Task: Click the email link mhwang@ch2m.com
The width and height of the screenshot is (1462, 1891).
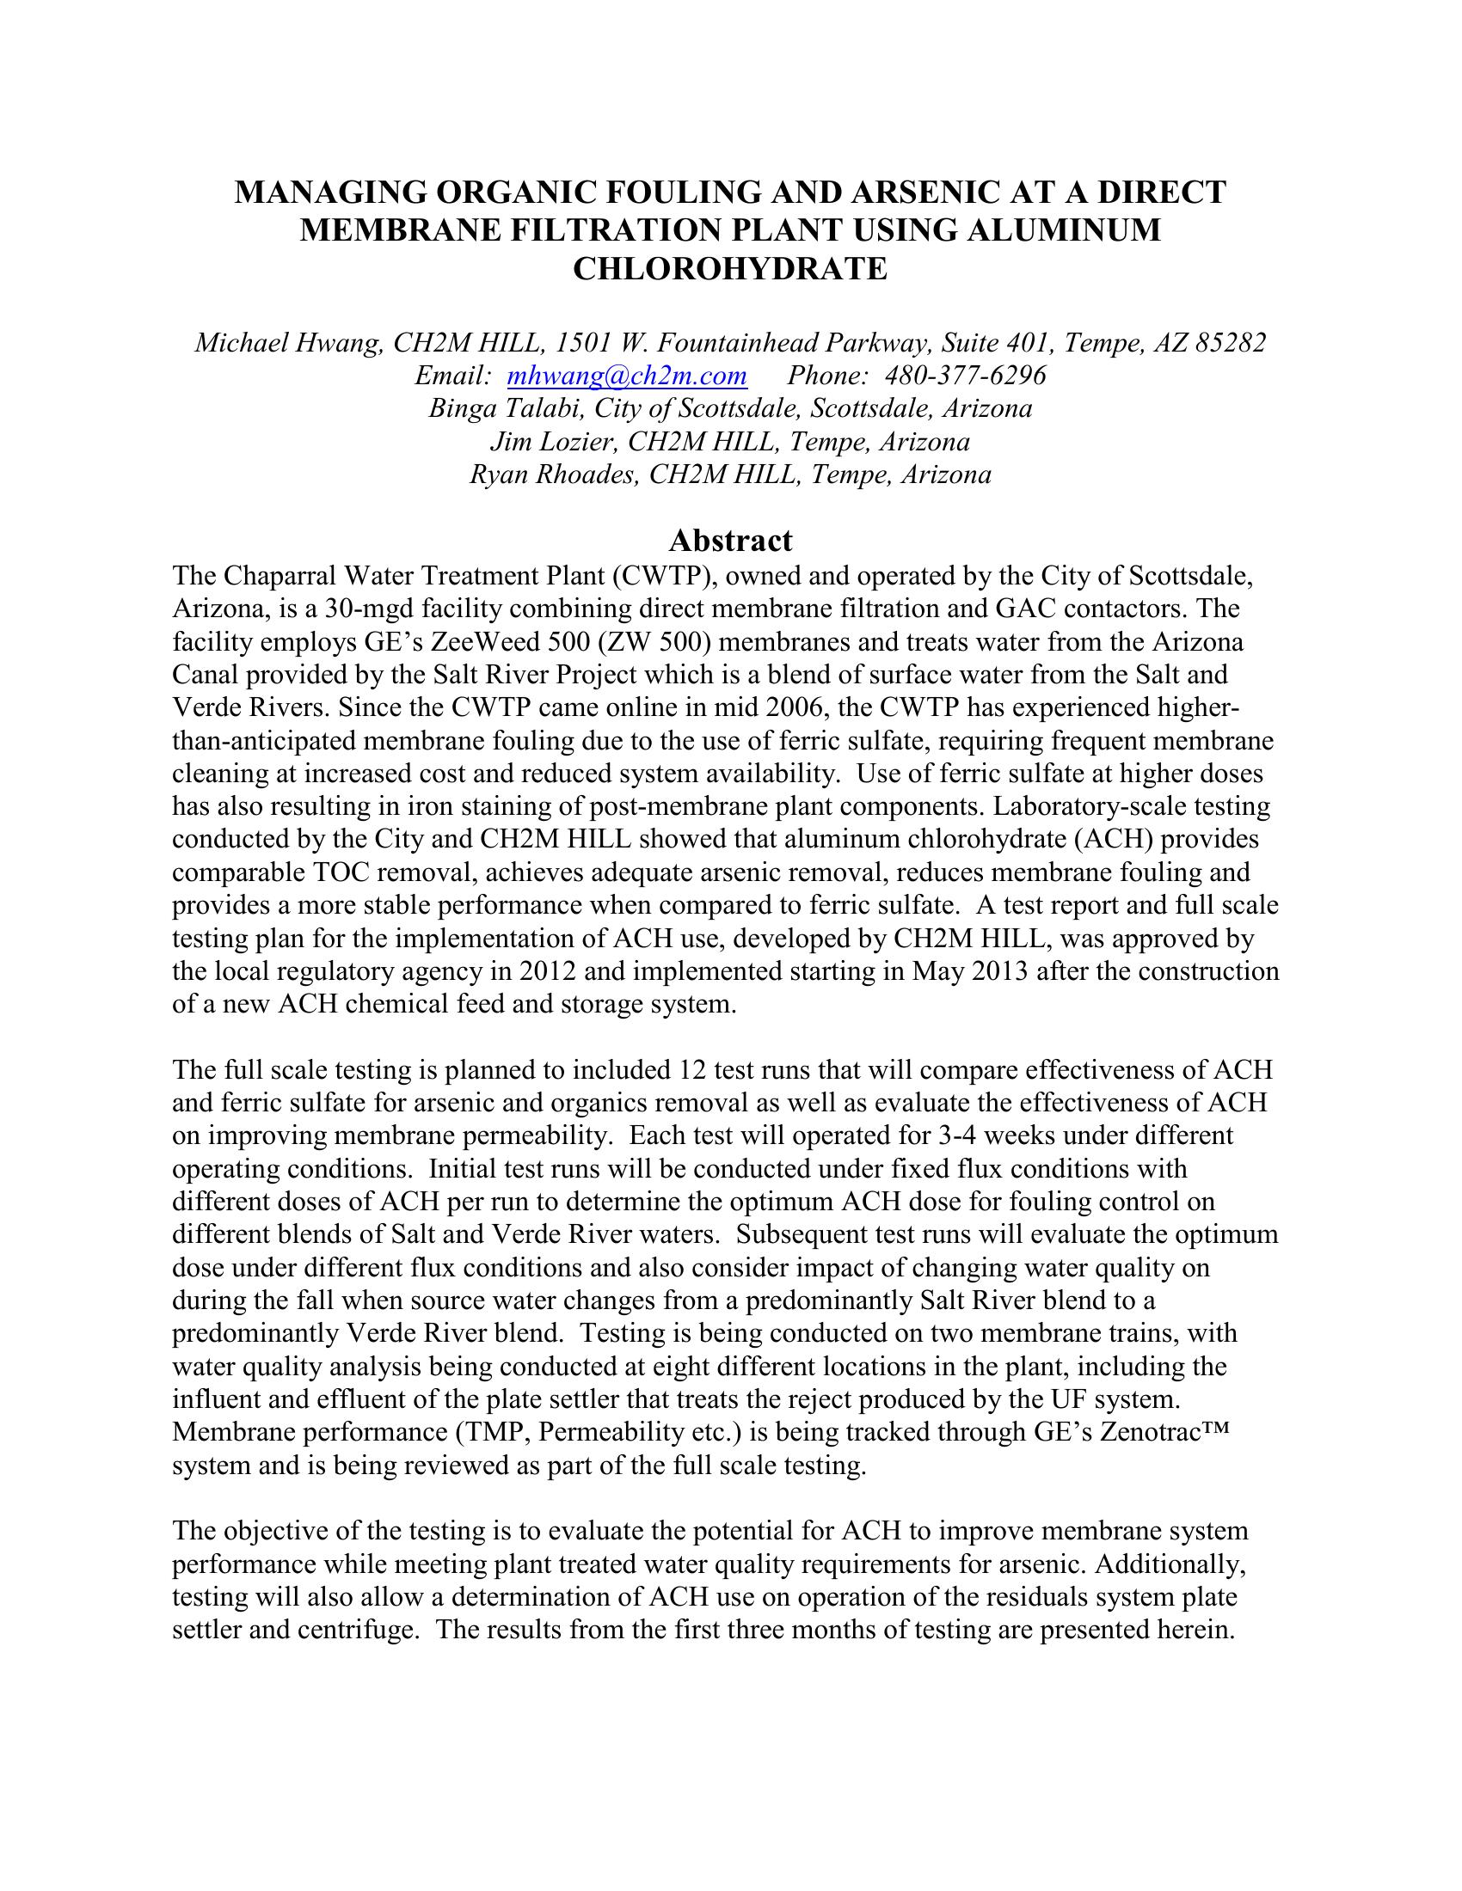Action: click(626, 376)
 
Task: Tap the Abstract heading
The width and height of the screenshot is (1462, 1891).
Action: click(730, 541)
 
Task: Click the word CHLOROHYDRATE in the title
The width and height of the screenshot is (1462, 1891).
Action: click(730, 268)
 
